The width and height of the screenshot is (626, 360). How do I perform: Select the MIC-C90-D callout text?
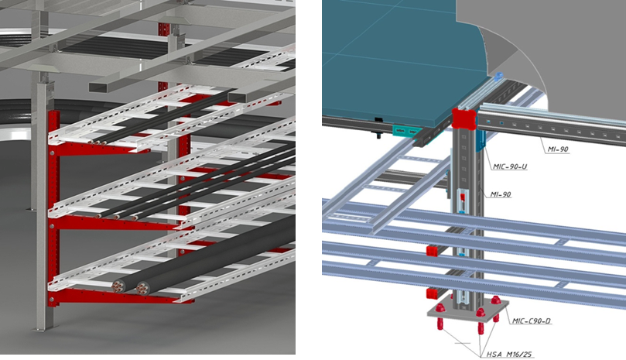[532, 321]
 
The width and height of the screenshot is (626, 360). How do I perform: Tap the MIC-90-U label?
[509, 166]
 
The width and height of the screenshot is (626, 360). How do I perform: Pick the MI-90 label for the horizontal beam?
[558, 149]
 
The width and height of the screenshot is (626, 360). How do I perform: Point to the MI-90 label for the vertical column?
[501, 194]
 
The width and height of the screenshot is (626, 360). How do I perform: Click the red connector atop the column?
[465, 118]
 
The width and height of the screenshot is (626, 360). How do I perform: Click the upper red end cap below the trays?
[433, 251]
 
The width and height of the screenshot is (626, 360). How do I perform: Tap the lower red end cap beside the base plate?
[433, 294]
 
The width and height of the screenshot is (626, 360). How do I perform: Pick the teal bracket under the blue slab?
[406, 131]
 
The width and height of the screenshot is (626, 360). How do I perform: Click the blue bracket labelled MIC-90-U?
[481, 139]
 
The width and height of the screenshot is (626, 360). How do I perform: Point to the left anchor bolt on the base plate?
[440, 316]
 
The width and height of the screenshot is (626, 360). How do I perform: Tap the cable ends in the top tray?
[97, 142]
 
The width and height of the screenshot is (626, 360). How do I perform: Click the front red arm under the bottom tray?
[120, 296]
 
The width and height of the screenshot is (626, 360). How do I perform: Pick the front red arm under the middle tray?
[120, 224]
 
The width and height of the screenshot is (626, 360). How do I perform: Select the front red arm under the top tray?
[99, 150]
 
